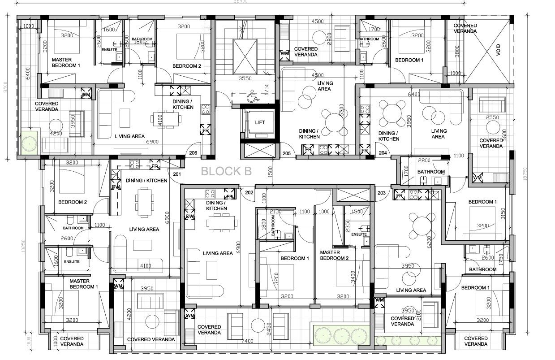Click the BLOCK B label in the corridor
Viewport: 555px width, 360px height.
click(226, 171)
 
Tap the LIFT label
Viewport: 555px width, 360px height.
click(260, 122)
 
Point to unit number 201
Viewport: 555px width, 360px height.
click(177, 175)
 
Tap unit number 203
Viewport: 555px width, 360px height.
click(382, 193)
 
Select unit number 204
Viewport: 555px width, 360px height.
click(383, 153)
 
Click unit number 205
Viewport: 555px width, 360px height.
click(287, 153)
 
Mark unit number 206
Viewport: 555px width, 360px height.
click(193, 153)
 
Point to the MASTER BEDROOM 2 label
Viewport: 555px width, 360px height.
click(334, 256)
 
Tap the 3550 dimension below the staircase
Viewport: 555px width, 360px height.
click(245, 78)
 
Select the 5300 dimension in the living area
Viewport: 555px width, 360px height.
click(342, 110)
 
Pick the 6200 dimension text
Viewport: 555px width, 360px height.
click(429, 243)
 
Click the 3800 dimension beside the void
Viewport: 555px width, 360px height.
click(457, 53)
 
